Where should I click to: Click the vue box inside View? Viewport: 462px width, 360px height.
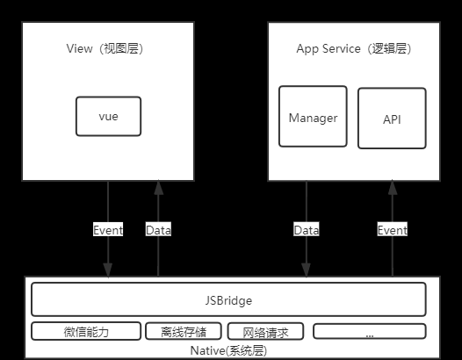tap(108, 117)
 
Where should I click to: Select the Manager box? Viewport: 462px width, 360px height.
tap(313, 117)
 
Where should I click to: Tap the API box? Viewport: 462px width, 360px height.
tap(392, 119)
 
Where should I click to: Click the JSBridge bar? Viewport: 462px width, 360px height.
tap(228, 299)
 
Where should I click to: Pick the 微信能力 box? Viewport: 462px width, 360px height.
tap(86, 331)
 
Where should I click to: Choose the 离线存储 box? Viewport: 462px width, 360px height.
tap(184, 331)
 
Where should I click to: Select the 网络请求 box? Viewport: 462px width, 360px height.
tap(265, 331)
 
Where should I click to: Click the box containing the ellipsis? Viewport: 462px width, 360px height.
tap(370, 331)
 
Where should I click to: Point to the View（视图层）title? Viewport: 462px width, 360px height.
tap(105, 48)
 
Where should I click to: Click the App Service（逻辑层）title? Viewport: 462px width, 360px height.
tap(354, 48)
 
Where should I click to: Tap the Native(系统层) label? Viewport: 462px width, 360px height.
tap(228, 350)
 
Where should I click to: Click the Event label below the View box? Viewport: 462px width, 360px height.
tap(108, 230)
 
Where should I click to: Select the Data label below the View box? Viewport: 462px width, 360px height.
tap(158, 230)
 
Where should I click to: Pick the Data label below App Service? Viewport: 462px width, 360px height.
tap(307, 230)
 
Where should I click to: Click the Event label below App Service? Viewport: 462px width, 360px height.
tap(393, 230)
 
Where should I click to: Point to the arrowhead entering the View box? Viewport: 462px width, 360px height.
tap(158, 188)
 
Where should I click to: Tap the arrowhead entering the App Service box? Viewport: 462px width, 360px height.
tap(393, 188)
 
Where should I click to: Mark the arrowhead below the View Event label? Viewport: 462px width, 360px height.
tap(108, 270)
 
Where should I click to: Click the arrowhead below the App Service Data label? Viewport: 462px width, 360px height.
tap(307, 270)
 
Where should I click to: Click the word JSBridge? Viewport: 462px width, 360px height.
tap(228, 301)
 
